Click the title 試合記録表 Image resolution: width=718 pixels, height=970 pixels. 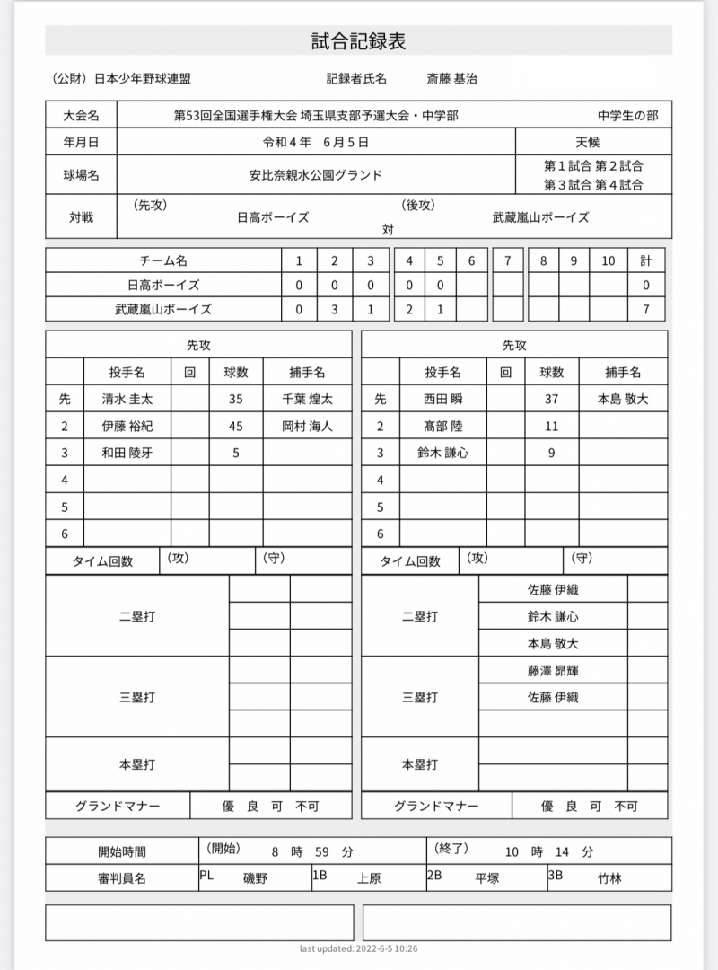click(358, 41)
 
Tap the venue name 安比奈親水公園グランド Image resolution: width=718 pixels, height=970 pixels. click(315, 175)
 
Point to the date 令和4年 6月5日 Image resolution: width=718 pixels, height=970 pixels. click(315, 142)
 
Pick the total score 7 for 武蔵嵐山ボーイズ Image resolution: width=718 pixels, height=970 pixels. click(645, 309)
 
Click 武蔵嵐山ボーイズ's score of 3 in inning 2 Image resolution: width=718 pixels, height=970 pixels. click(334, 309)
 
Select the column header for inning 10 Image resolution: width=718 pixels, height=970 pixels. click(608, 260)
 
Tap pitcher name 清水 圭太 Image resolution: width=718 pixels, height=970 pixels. click(127, 400)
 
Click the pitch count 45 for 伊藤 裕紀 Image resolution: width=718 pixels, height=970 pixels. click(236, 427)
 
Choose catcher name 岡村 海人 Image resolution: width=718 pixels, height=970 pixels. click(307, 427)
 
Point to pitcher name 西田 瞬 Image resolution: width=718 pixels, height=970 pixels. click(442, 400)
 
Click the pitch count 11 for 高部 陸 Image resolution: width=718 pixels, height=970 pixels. click(551, 427)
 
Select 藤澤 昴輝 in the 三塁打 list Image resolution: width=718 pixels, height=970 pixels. click(553, 670)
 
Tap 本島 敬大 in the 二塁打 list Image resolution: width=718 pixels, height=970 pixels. click(553, 643)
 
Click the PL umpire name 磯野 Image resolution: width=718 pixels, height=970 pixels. click(256, 878)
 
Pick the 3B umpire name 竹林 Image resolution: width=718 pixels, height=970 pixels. click(609, 878)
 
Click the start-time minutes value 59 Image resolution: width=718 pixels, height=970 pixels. click(322, 851)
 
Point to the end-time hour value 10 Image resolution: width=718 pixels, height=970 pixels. click(511, 851)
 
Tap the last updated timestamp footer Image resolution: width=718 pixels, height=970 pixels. click(358, 948)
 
